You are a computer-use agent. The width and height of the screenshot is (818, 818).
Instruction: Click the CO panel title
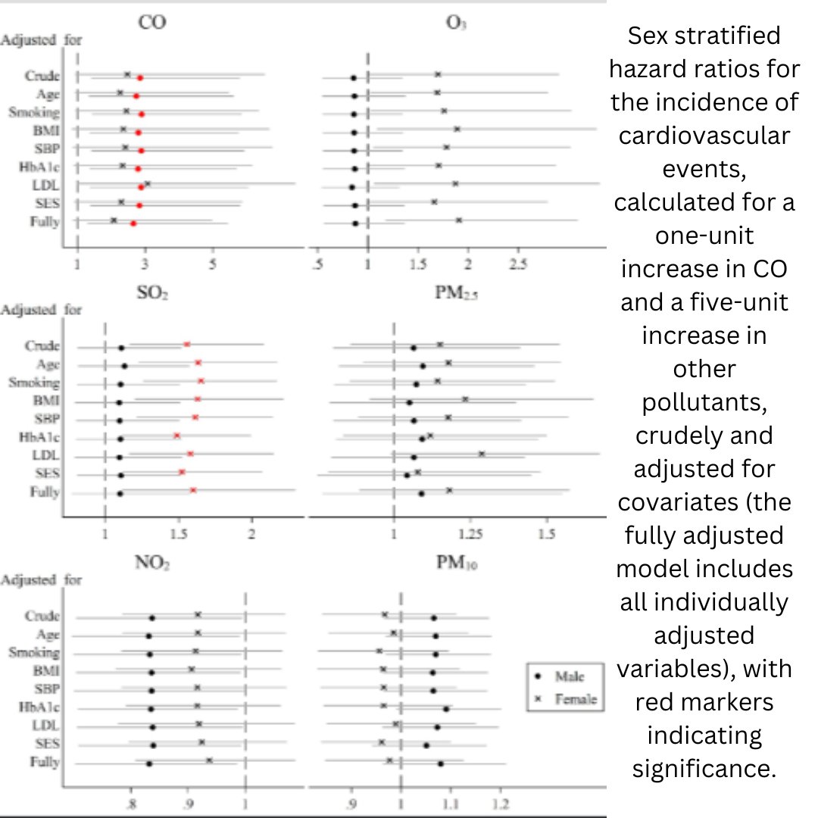pyautogui.click(x=152, y=23)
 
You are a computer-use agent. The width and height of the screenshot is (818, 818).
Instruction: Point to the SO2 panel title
pyautogui.click(x=154, y=292)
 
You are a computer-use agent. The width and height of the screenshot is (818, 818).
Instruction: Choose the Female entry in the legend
pyautogui.click(x=567, y=699)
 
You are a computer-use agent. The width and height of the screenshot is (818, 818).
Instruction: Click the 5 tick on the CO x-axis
pyautogui.click(x=213, y=264)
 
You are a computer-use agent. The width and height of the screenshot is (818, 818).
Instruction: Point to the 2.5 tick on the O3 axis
pyautogui.click(x=517, y=264)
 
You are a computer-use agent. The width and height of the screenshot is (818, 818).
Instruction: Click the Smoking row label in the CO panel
pyautogui.click(x=33, y=113)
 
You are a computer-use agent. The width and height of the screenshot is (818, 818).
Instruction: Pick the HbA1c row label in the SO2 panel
pyautogui.click(x=42, y=437)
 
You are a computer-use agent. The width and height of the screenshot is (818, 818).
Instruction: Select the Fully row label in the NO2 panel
pyautogui.click(x=45, y=762)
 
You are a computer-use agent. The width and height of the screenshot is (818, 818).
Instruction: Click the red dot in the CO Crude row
pyautogui.click(x=140, y=78)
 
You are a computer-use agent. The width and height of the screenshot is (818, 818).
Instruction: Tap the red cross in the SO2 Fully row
pyautogui.click(x=193, y=491)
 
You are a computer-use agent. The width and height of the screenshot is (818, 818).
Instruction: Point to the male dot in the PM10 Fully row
pyautogui.click(x=441, y=763)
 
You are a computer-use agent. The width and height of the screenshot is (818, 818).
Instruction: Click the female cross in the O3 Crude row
pyautogui.click(x=438, y=74)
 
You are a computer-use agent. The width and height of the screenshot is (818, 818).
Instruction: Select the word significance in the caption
pyautogui.click(x=704, y=768)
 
